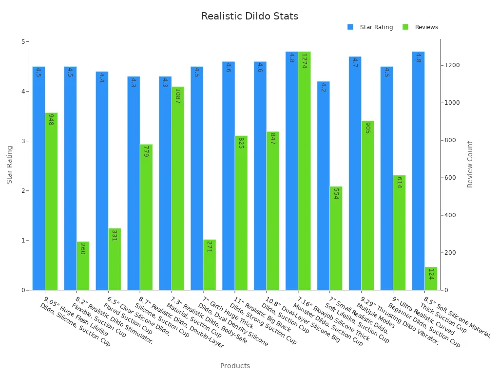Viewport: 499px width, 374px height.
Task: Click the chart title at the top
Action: (249, 17)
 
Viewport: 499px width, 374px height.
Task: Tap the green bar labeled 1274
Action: (304, 170)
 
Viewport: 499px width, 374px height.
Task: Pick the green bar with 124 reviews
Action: (431, 279)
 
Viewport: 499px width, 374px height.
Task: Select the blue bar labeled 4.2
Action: (323, 186)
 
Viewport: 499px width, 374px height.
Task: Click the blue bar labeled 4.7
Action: (355, 173)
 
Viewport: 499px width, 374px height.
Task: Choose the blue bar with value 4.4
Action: (102, 181)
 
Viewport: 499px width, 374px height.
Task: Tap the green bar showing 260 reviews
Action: (83, 266)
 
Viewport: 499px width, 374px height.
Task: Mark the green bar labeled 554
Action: (336, 238)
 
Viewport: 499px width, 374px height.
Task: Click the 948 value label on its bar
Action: (51, 120)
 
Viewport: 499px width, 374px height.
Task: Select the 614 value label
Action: (399, 182)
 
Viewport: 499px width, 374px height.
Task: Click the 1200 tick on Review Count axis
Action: (452, 65)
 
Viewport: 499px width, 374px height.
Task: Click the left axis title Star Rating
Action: (10, 165)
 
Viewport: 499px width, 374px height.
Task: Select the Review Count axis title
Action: (470, 164)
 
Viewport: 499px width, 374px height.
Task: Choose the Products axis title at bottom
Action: (235, 366)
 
